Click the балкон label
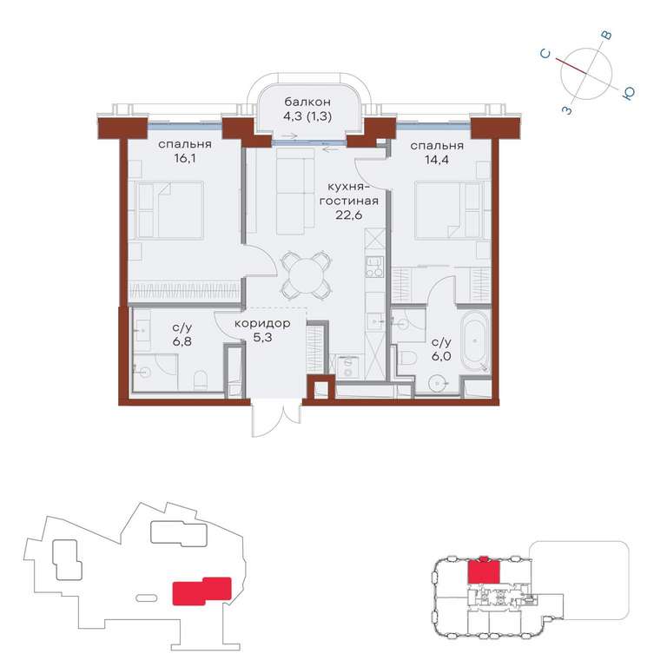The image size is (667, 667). [307, 102]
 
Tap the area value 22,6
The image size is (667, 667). [349, 215]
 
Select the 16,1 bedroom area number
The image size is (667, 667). [185, 159]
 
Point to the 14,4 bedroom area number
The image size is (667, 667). [437, 160]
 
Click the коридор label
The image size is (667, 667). [262, 324]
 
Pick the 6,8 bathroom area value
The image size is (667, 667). [182, 341]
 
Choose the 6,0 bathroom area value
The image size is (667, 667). [441, 356]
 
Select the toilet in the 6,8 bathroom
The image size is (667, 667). [201, 380]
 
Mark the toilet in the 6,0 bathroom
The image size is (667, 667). [408, 358]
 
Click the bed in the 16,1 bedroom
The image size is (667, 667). [169, 209]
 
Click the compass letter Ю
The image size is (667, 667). [628, 94]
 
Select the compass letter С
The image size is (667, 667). [545, 54]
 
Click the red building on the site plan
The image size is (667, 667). [201, 591]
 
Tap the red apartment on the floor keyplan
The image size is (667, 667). [484, 571]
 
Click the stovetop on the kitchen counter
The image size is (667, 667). [375, 267]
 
